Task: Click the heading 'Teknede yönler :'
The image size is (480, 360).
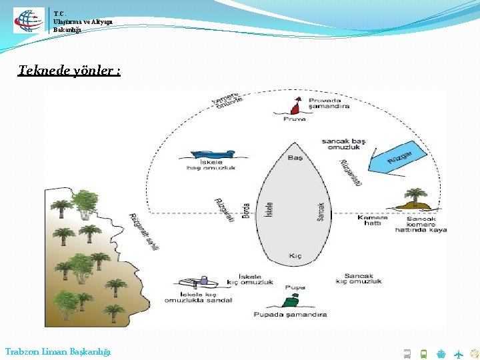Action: tap(69, 70)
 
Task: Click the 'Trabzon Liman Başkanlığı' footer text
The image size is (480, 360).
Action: tap(58, 351)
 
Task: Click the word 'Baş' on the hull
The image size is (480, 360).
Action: tap(295, 158)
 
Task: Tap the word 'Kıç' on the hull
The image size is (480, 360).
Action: tap(295, 256)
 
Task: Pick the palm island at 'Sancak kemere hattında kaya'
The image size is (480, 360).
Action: tap(415, 199)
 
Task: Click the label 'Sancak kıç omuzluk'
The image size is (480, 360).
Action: tap(359, 279)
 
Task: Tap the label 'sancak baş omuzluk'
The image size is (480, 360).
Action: tap(344, 145)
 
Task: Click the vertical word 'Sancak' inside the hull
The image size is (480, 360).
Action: tap(320, 212)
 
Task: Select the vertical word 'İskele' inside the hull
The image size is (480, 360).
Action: tap(269, 211)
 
